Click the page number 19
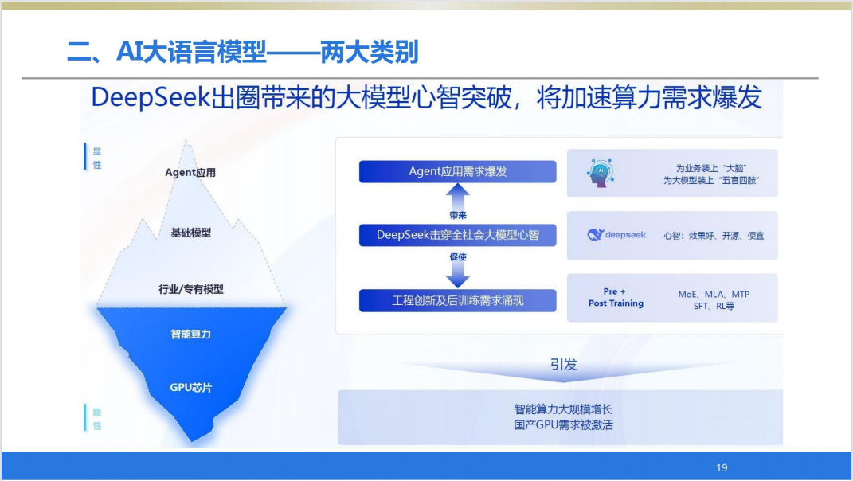[x=722, y=467]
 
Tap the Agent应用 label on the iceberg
[x=190, y=173]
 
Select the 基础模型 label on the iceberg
[x=191, y=233]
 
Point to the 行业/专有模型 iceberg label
[x=191, y=289]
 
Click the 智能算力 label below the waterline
[x=191, y=334]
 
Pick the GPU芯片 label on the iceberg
[x=191, y=387]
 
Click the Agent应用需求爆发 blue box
[x=457, y=171]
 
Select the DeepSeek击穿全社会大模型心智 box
[x=457, y=235]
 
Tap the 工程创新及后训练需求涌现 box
[x=457, y=300]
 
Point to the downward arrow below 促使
[x=457, y=276]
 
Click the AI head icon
[x=601, y=173]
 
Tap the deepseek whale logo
[x=596, y=234]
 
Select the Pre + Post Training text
[x=616, y=297]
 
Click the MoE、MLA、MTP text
[x=714, y=294]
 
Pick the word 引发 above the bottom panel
[x=564, y=364]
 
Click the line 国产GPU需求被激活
[x=564, y=424]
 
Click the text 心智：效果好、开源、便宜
[x=714, y=236]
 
